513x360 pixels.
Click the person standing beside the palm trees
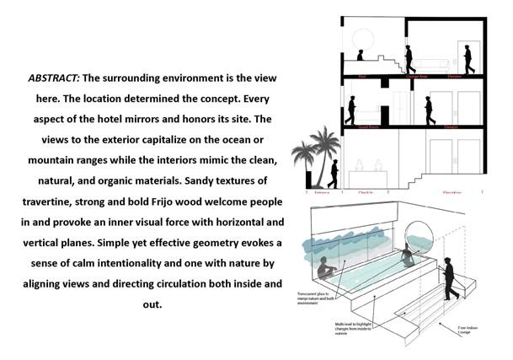point(334,174)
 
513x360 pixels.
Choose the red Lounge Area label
point(419,76)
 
